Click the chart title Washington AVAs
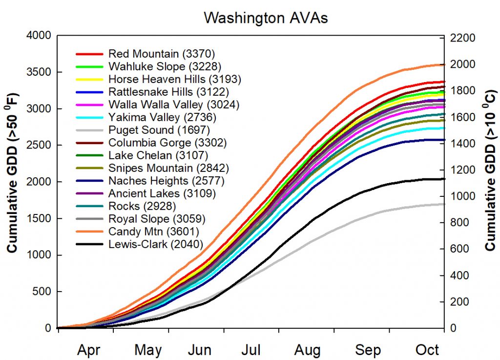[x=266, y=18]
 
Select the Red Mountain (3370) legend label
[x=162, y=53]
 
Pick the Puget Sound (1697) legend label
[x=159, y=130]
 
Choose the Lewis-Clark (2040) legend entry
[x=156, y=244]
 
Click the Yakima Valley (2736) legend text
[x=162, y=117]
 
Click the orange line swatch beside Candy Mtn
[x=89, y=232]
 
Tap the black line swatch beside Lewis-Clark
[x=89, y=244]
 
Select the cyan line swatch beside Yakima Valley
[x=89, y=117]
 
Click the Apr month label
[x=89, y=350]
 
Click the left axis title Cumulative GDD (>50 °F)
[x=13, y=182]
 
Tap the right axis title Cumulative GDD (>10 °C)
[x=490, y=182]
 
